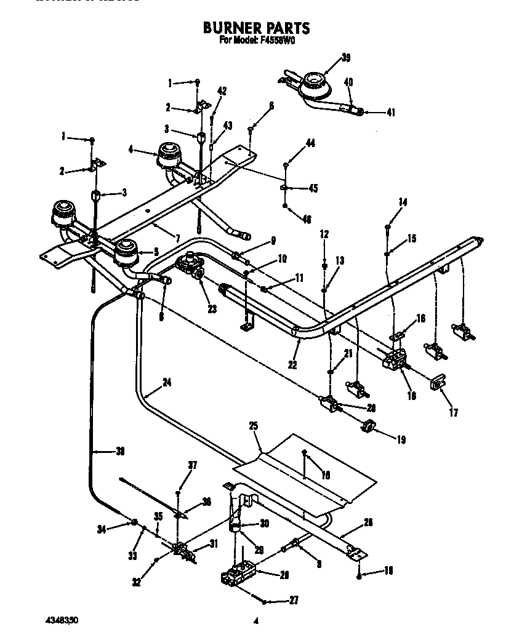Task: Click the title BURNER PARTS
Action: point(256,28)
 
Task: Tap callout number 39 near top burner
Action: point(346,58)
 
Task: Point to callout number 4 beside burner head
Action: point(130,148)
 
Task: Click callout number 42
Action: point(222,91)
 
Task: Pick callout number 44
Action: point(310,143)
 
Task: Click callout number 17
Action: point(454,413)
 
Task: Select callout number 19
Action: point(401,439)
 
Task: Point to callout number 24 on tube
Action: point(167,382)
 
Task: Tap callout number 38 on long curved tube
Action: point(121,451)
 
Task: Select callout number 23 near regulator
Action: point(212,310)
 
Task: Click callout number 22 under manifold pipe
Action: point(292,364)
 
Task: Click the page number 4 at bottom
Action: point(255,622)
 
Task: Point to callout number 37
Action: point(193,465)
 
